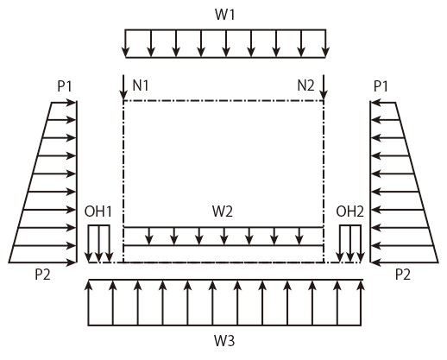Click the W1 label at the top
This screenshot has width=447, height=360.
[225, 15]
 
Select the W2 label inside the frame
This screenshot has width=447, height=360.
[223, 212]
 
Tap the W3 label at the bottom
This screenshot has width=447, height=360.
[224, 341]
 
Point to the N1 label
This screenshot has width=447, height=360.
[141, 85]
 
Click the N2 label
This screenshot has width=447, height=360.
[305, 85]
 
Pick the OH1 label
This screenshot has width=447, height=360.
[98, 212]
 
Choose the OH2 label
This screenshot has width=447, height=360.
[349, 212]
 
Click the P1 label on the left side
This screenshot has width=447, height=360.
[65, 86]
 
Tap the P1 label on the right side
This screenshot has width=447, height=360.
[381, 86]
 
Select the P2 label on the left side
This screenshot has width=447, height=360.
[42, 275]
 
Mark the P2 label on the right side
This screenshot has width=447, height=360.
[403, 275]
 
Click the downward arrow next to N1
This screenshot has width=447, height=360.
[123, 87]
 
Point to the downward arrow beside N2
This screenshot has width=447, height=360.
[324, 87]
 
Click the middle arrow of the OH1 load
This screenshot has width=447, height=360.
[99, 243]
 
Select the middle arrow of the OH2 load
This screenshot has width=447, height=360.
[350, 243]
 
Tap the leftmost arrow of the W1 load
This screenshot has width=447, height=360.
[125, 43]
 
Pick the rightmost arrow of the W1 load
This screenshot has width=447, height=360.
[325, 43]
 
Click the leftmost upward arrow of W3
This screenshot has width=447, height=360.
[89, 303]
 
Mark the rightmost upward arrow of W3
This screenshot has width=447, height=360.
[361, 303]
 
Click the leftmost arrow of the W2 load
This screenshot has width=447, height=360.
[148, 237]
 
